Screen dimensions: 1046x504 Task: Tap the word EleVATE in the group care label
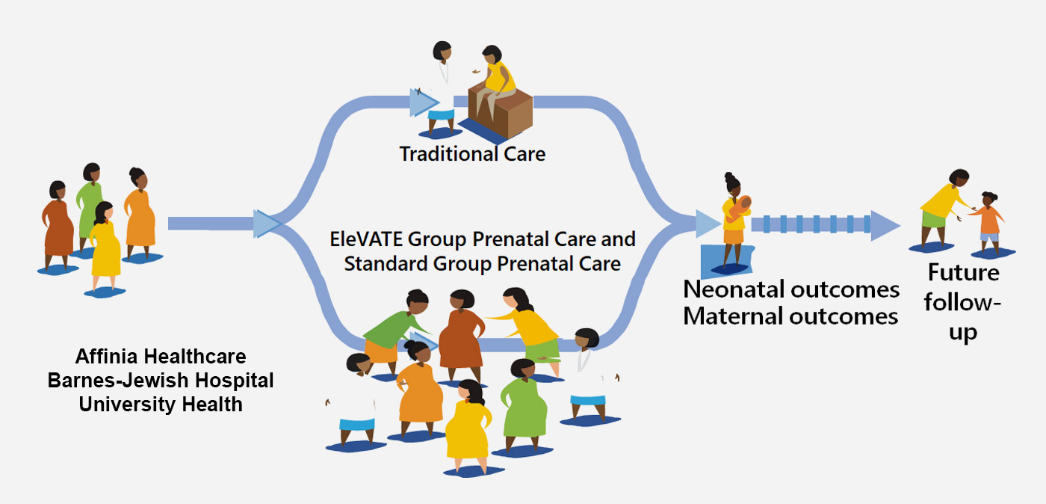point(365,239)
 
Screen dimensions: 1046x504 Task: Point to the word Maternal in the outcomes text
point(732,316)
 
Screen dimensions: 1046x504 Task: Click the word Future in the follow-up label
point(963,273)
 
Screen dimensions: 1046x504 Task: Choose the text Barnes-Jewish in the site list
point(118,380)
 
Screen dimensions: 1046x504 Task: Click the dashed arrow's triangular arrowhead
point(885,226)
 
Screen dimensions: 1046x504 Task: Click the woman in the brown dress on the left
point(58,225)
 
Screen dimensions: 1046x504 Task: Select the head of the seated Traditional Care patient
point(492,55)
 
